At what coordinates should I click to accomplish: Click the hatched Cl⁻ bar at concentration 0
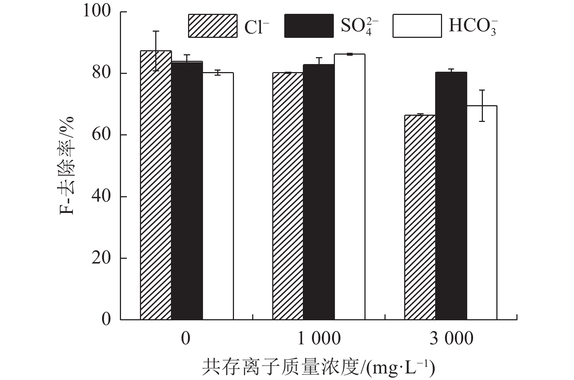pos(156,186)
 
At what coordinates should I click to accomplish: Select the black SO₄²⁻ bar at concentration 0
pos(187,191)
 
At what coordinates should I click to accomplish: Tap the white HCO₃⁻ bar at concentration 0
pos(218,197)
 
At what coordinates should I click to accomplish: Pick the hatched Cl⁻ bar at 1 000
pos(288,197)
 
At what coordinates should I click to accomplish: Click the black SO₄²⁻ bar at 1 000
pos(319,192)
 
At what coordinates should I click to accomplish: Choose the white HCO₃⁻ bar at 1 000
pos(350,187)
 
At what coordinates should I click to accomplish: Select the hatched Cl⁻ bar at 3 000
pos(420,218)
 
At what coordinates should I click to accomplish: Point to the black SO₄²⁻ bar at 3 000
pos(451,197)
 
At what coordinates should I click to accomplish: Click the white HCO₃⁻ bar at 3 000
pos(482,213)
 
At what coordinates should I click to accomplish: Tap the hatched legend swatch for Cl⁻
pos(212,26)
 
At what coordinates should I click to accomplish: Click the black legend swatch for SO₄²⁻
pos(309,26)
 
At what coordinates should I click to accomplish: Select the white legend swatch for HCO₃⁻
pos(417,26)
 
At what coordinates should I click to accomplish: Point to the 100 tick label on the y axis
pos(97,11)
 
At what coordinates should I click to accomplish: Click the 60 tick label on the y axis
pos(101,135)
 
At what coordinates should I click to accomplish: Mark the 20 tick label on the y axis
pos(101,258)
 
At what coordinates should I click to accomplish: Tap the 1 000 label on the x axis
pos(319,339)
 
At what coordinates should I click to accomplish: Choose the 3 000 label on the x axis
pos(451,339)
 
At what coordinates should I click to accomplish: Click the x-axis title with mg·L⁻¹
pos(319,368)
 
